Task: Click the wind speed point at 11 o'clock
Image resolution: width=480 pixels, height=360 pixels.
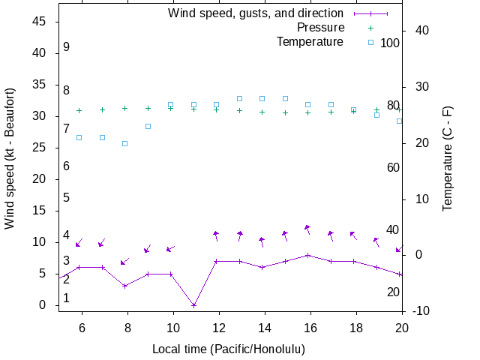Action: pos(193,305)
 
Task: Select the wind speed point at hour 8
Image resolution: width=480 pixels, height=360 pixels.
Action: pos(125,286)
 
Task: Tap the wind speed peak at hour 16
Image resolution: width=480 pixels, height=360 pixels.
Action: pos(307,255)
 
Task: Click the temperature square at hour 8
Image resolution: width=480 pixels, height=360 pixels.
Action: pos(125,143)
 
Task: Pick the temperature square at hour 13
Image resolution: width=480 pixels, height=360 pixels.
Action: pos(239,98)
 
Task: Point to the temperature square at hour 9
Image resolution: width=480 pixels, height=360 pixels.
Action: pos(148,126)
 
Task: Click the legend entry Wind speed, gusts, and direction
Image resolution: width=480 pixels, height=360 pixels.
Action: pos(256,13)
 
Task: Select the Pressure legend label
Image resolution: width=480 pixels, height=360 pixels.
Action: pos(320,28)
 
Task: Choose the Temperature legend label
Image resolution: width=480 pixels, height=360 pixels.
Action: pos(310,42)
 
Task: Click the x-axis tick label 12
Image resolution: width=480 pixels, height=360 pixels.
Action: pos(219,327)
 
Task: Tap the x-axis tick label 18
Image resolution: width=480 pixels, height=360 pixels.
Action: pos(356,327)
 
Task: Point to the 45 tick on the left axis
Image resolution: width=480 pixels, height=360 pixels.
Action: pos(40,22)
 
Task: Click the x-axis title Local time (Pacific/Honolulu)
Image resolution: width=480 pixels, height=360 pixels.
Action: pos(229,349)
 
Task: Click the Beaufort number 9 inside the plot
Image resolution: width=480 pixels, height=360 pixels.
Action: pos(67,47)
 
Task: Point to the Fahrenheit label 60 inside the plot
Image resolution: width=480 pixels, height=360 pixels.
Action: pos(393,167)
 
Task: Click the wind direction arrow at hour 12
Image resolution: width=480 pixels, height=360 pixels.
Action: pos(216,235)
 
